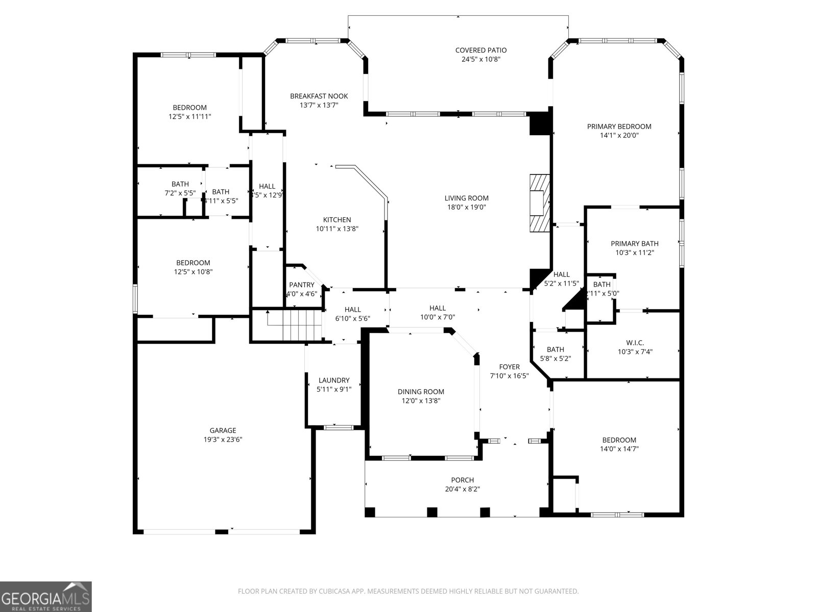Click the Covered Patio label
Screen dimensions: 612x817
coord(480,50)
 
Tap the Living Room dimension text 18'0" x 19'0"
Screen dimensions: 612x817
coord(466,207)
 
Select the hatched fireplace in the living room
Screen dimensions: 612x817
coord(539,203)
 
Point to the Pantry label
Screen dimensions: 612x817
coord(302,285)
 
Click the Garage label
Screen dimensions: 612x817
coord(223,430)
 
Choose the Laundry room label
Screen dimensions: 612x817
coord(334,380)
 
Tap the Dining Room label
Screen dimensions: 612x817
coord(421,392)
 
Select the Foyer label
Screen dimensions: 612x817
coord(509,367)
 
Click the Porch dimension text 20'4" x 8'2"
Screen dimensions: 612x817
coord(462,489)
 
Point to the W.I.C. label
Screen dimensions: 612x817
coord(635,343)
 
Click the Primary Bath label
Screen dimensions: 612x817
coord(635,244)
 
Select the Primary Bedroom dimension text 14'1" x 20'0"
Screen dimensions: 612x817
coord(619,136)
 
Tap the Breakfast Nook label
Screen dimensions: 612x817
coord(319,96)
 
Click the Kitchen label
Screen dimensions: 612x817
coord(337,220)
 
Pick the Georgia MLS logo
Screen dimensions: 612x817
coord(45,596)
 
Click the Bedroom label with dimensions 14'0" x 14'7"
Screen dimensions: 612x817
coord(619,440)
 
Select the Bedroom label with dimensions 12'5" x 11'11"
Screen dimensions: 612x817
coord(189,108)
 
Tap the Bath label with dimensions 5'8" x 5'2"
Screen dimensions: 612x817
coord(555,349)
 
